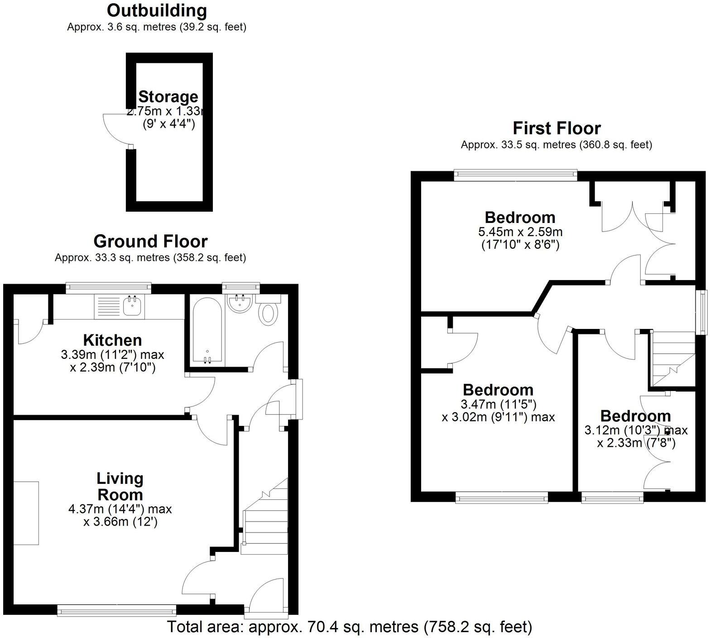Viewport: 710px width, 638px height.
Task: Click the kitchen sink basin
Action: coord(132,307)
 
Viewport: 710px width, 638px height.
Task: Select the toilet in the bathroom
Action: coord(269,314)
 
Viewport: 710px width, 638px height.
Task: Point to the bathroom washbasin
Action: coord(240,304)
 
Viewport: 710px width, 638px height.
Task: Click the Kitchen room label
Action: coord(112,340)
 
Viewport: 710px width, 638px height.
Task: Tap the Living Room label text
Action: coord(120,486)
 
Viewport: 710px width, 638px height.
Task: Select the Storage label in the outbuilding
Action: coord(168,97)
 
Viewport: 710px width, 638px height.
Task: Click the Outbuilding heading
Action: coord(157,10)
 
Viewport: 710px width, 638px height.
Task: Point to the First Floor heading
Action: coord(556,129)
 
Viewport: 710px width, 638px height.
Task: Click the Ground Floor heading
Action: coord(150,242)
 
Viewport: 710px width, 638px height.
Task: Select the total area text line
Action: coord(350,627)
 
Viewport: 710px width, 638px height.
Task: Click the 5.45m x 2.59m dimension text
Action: coord(520,232)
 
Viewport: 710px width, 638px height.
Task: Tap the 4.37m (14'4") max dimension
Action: coord(120,509)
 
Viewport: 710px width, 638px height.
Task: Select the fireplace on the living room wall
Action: coord(26,513)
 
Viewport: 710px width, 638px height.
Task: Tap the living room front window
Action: coord(117,611)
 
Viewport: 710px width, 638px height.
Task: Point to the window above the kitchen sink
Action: coord(108,286)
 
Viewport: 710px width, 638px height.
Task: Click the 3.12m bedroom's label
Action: coord(636,416)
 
